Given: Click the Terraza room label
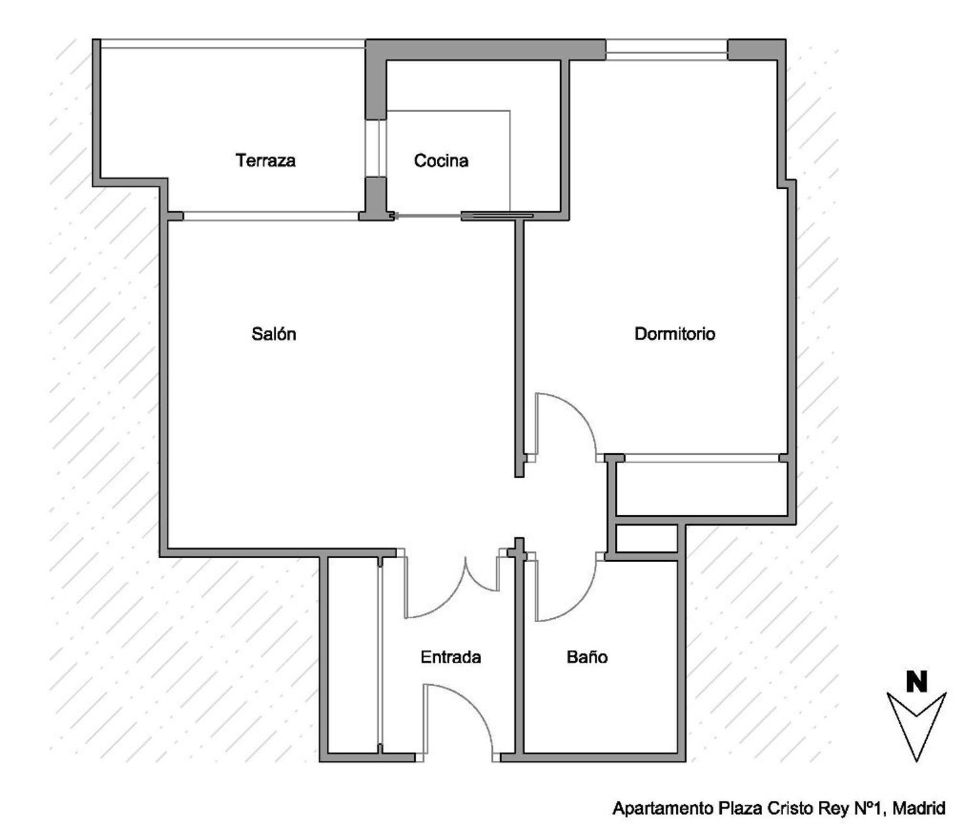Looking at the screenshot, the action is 265,160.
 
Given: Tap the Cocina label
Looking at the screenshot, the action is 441,160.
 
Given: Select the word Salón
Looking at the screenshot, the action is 274,334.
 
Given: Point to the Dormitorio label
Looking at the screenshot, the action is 675,334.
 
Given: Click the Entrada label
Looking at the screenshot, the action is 451,657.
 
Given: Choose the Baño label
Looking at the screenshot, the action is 587,657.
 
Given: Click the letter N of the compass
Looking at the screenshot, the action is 917,681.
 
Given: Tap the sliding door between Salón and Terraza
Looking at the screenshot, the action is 271,216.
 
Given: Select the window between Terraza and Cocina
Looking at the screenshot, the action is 376,147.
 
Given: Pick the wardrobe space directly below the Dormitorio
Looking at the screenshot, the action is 701,488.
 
